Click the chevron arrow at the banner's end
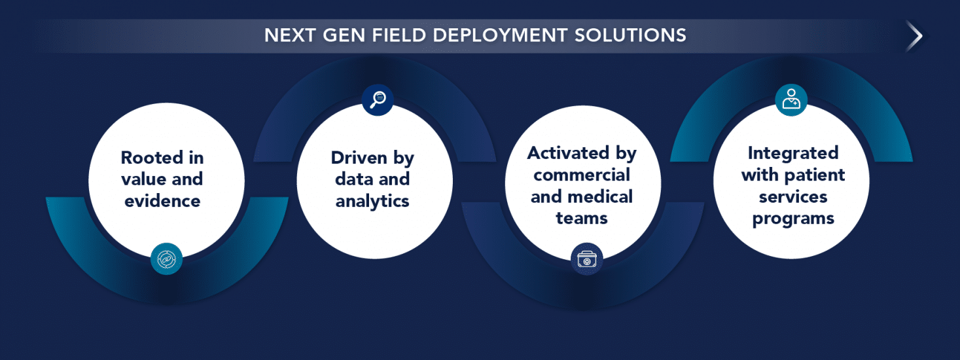point(914,36)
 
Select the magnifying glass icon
point(378,99)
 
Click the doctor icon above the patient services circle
point(791,100)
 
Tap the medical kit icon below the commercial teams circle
point(586,260)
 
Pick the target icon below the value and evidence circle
point(166,259)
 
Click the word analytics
point(372,200)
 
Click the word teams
point(582,217)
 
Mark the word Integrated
point(793,153)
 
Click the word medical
point(600,196)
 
